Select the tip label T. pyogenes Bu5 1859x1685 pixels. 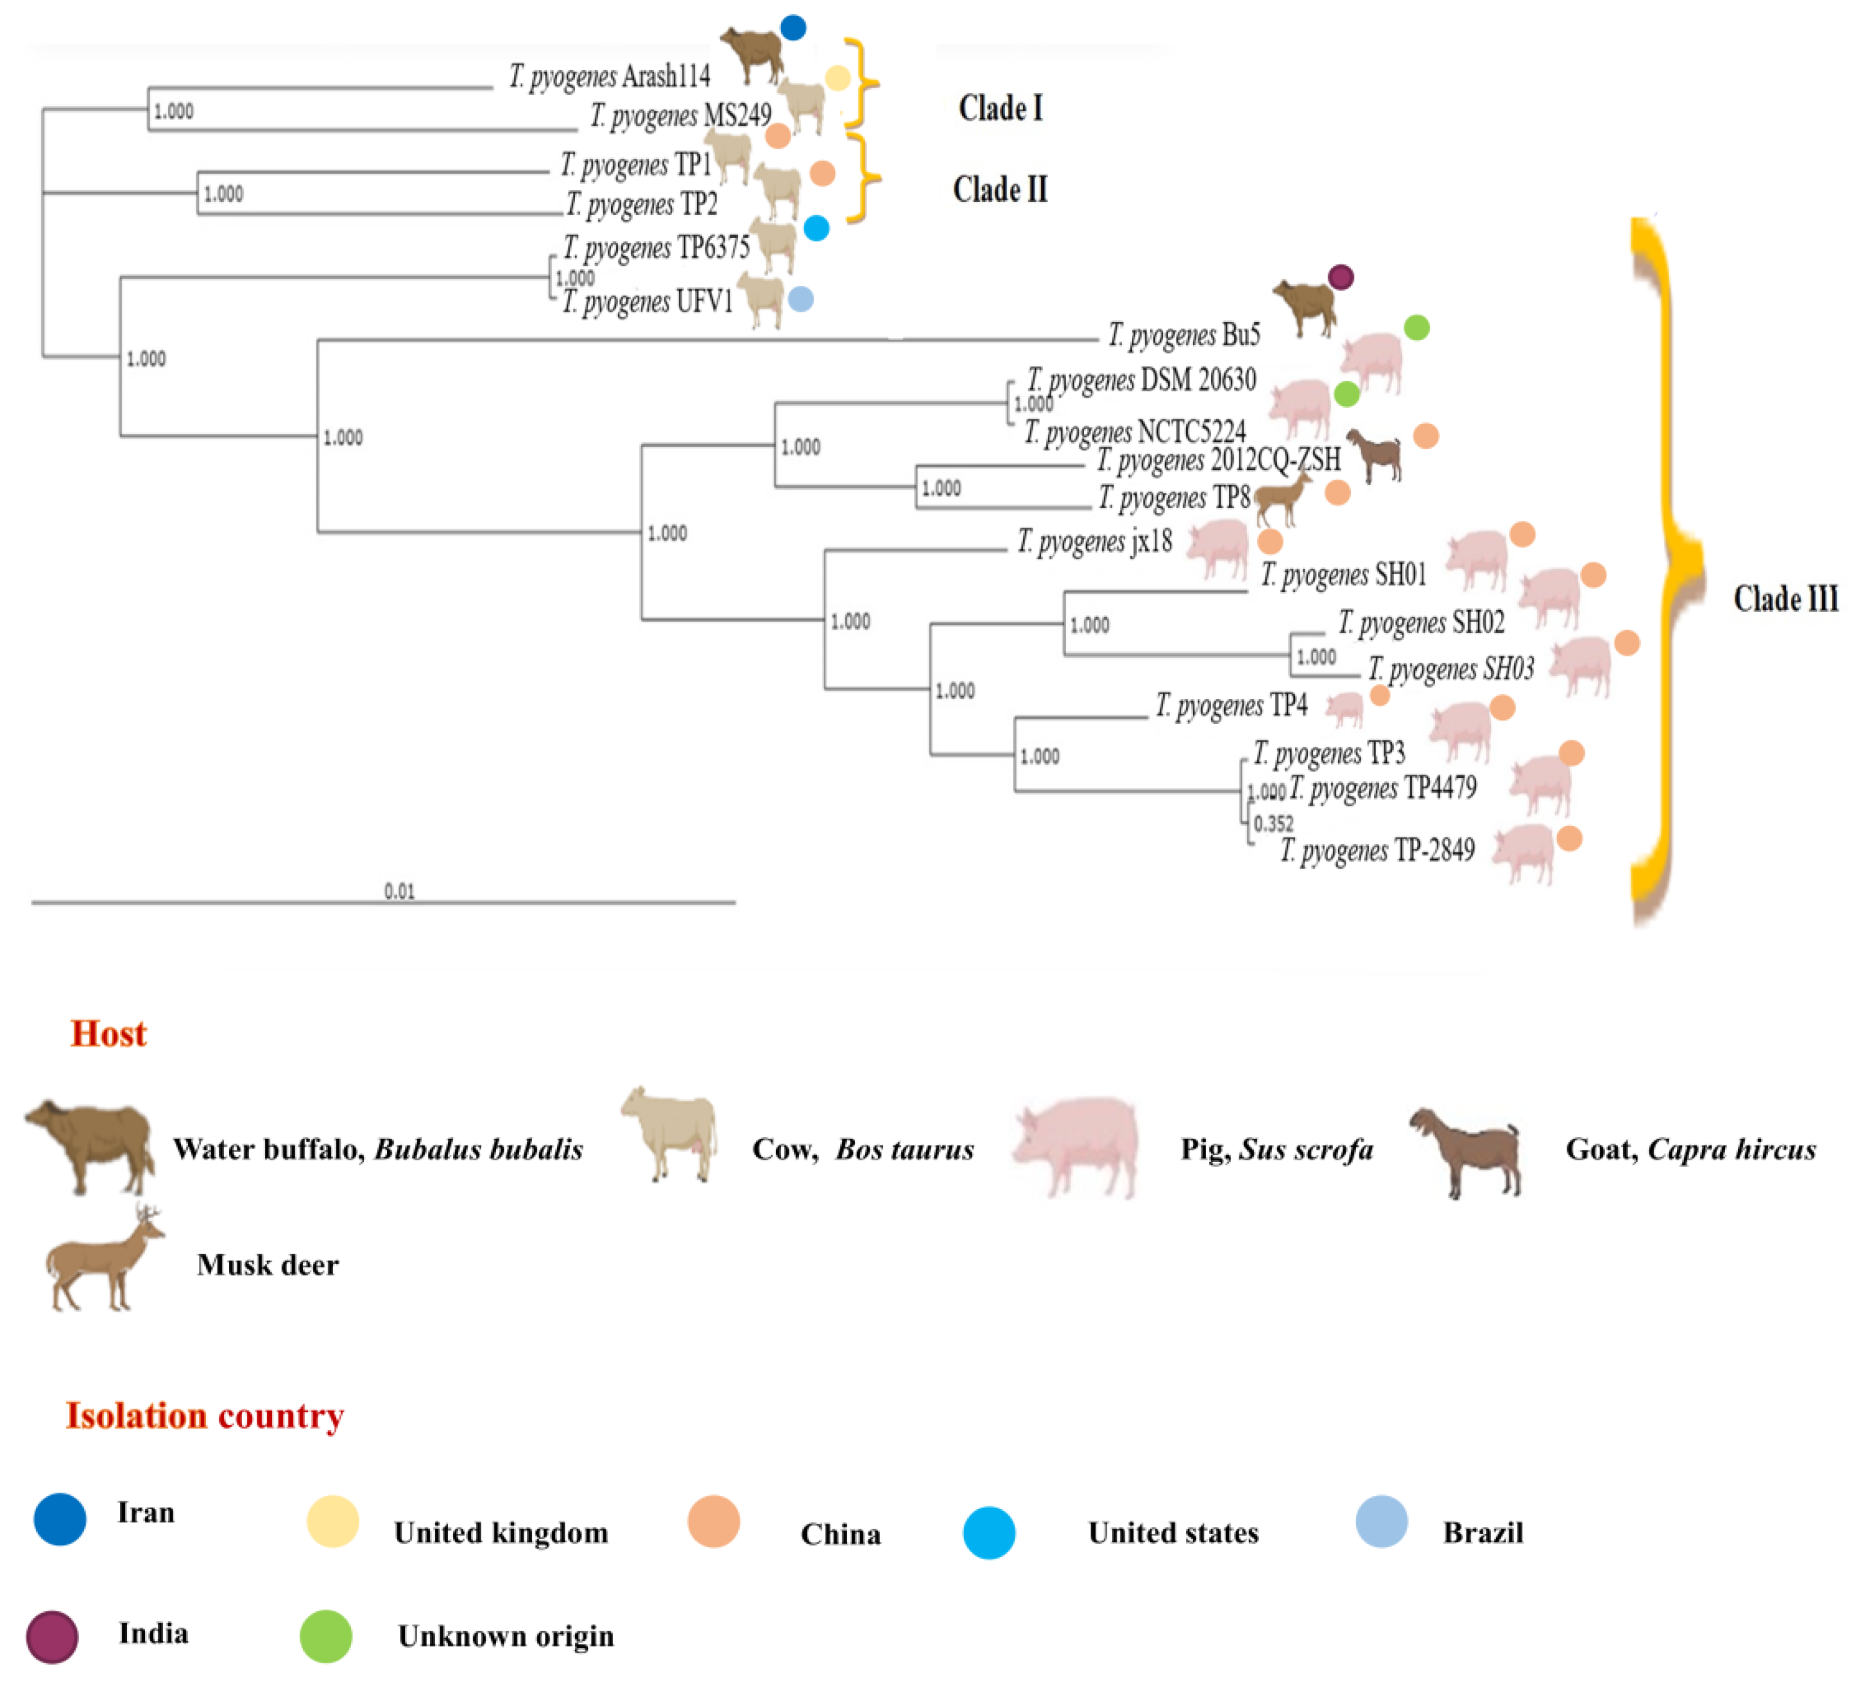[x=1184, y=335]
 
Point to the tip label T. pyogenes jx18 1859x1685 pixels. [x=1094, y=541]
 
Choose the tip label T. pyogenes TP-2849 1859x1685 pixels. [x=1378, y=850]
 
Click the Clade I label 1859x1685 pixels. [x=1001, y=108]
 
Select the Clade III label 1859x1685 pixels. [x=1785, y=599]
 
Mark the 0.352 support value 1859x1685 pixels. [x=1273, y=823]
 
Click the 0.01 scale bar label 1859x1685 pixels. [x=399, y=891]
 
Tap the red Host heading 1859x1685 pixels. [x=109, y=1034]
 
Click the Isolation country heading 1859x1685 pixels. [x=205, y=1416]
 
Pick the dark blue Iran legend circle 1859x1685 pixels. [x=60, y=1519]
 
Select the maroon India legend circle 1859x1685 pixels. [x=53, y=1637]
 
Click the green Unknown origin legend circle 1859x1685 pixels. [x=326, y=1637]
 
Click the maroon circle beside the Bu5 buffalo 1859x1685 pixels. [x=1341, y=277]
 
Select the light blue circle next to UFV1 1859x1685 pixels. [x=800, y=299]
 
